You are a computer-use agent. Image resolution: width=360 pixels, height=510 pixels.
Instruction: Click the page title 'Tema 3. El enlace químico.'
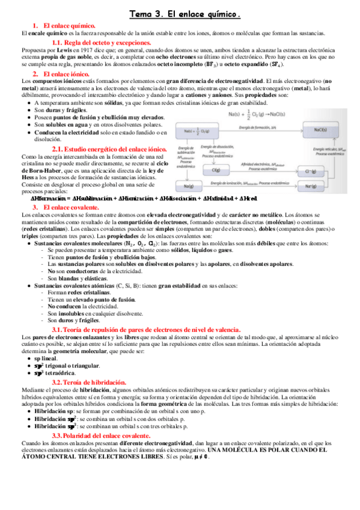[185, 13]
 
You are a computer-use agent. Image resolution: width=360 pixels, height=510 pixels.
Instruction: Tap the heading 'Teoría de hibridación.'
[90, 382]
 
